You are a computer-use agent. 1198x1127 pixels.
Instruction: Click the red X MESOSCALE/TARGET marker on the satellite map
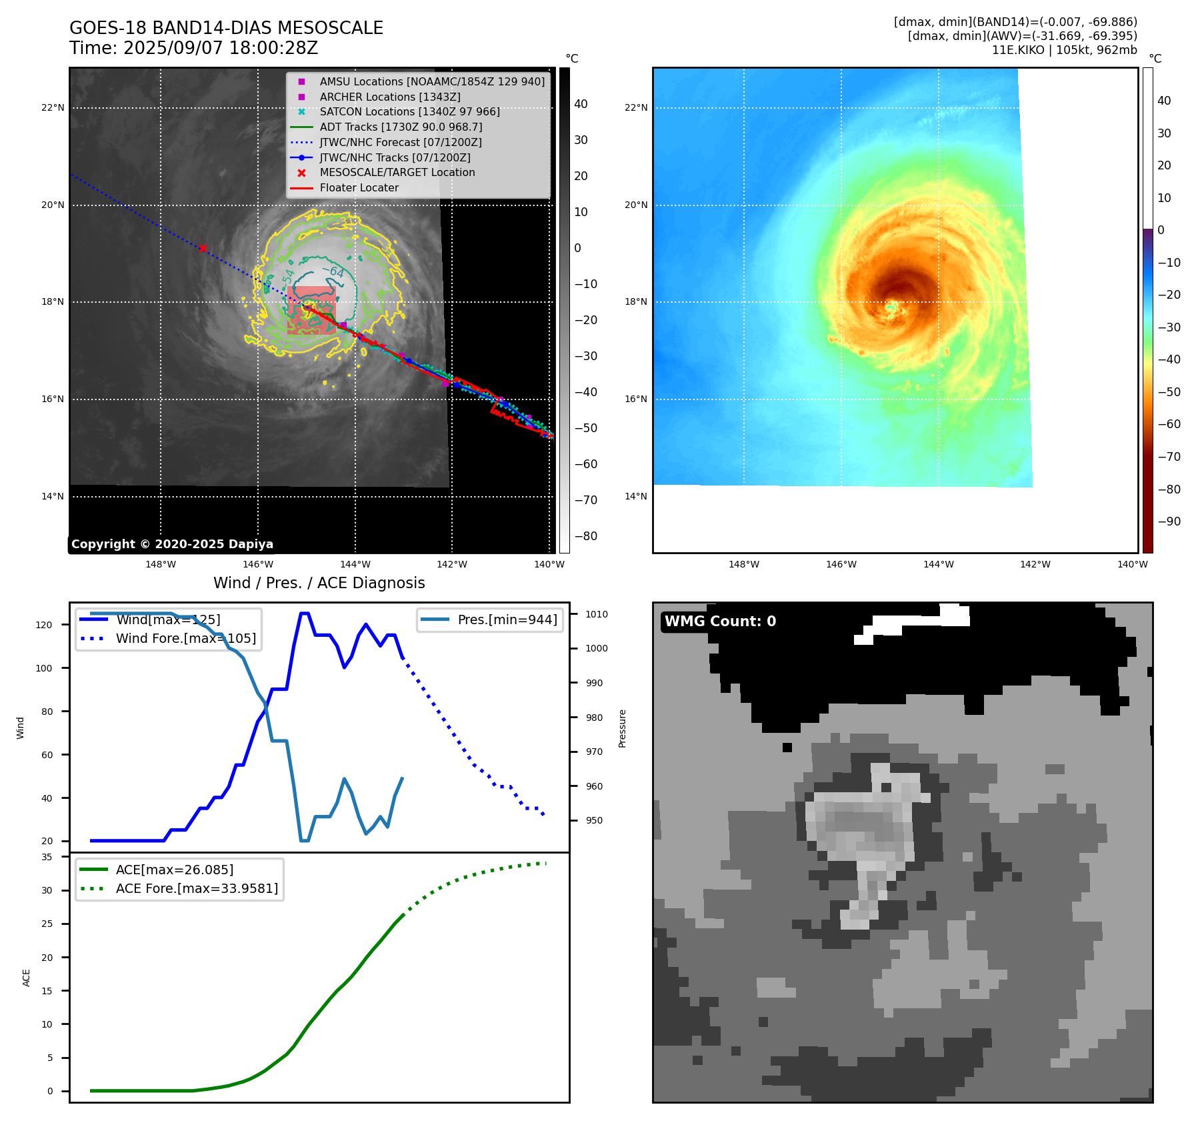203,248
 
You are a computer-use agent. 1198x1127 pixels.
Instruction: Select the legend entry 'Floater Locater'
359,188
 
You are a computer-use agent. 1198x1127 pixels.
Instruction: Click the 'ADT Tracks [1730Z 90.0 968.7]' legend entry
401,127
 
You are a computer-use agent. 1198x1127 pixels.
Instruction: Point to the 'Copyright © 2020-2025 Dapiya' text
172,544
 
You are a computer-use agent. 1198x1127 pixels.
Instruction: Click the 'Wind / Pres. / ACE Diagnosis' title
319,583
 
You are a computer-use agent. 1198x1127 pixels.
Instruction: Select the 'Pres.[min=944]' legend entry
507,620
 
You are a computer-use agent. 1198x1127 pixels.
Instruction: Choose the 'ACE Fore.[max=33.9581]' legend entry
197,888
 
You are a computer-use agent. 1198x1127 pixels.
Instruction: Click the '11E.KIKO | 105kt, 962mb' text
1064,50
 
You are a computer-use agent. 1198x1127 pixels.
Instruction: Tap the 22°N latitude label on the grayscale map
53,108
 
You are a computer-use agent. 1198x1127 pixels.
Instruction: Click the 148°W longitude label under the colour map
743,565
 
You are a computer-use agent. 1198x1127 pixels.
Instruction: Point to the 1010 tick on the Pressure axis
597,614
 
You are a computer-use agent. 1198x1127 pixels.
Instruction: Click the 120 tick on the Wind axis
44,625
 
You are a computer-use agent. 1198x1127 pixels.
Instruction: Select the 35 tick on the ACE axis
47,857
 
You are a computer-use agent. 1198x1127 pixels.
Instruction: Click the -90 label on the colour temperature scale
1169,521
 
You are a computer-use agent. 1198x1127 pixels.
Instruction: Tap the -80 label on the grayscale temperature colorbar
586,536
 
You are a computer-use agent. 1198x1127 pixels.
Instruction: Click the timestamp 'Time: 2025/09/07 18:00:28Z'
193,48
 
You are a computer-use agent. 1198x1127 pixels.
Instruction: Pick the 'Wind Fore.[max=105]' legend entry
185,638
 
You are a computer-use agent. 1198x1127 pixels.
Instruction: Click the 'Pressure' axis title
622,728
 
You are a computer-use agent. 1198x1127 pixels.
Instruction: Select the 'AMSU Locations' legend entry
431,81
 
